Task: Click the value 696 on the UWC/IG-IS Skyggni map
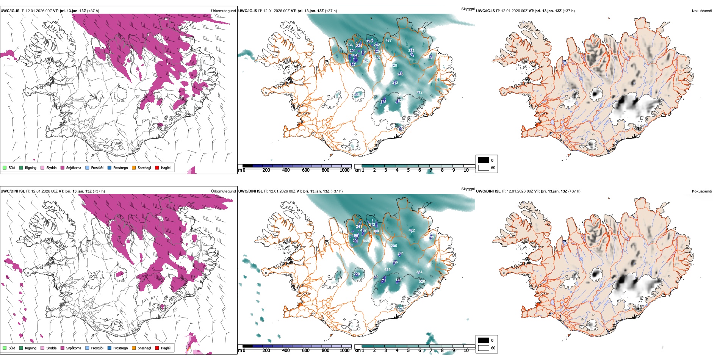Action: coord(349,45)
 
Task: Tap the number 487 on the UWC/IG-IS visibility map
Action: coord(388,41)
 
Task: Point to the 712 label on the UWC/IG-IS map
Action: coord(419,92)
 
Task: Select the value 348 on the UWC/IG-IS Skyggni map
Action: coord(357,95)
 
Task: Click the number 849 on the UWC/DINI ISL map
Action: coord(366,241)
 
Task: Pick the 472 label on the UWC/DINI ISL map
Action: coord(412,230)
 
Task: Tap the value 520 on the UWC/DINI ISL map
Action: coord(422,282)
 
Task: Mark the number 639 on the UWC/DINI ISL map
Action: coord(387,270)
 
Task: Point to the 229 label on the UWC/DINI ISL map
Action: coord(357,274)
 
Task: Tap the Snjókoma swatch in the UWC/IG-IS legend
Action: coord(63,167)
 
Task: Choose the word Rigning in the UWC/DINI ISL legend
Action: coord(31,348)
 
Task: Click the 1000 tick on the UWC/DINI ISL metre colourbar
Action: coord(344,351)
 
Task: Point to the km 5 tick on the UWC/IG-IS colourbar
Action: coord(408,170)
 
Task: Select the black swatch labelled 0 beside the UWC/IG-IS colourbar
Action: coord(484,160)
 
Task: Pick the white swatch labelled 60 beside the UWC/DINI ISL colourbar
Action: coord(484,348)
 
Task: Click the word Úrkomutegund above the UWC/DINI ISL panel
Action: coord(223,191)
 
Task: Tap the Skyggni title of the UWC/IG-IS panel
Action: coord(468,9)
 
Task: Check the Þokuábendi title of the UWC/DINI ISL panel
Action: coord(702,191)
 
